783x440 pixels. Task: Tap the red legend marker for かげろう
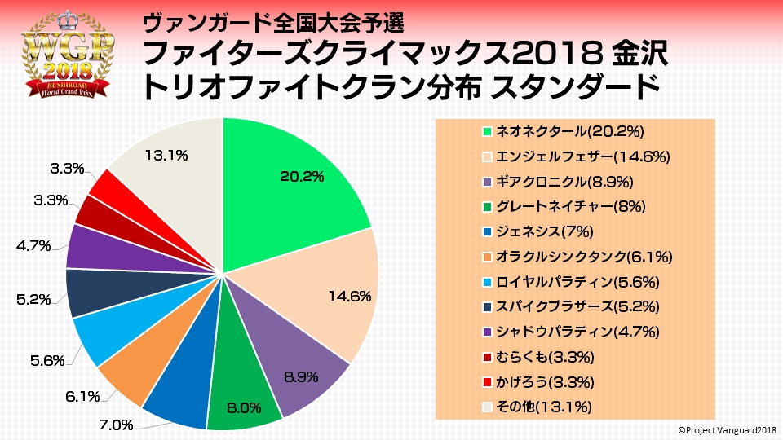tap(487, 382)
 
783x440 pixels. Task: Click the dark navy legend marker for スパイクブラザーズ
tap(487, 306)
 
